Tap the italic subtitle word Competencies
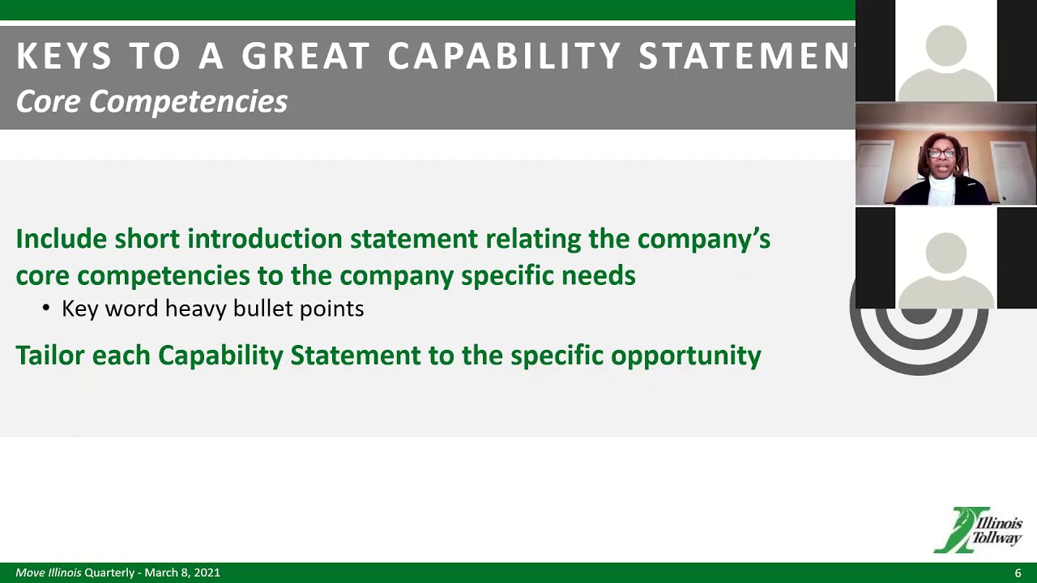point(188,101)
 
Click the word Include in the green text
point(61,239)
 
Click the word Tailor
point(49,355)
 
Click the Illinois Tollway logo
point(978,530)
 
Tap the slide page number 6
point(1018,572)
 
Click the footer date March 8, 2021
point(182,572)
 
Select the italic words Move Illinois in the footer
point(49,572)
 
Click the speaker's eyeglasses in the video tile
point(941,153)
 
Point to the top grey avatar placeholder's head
point(946,45)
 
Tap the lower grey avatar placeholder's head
point(946,252)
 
